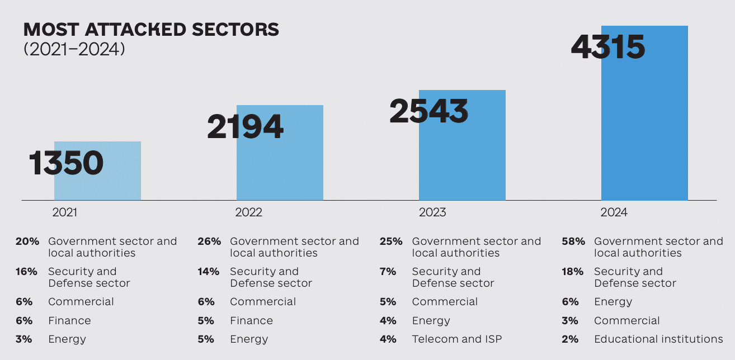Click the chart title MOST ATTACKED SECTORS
click(151, 29)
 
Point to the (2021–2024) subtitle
click(74, 49)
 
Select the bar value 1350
click(67, 163)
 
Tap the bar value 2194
click(246, 127)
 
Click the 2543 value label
click(428, 111)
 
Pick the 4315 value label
click(608, 46)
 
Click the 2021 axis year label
click(65, 212)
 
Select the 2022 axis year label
click(248, 212)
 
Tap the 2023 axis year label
click(432, 212)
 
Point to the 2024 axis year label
click(614, 212)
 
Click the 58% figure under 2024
click(573, 241)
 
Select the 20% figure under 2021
click(27, 241)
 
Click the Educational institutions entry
click(658, 339)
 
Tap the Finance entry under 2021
click(69, 321)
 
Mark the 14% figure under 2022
click(209, 272)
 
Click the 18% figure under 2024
click(573, 272)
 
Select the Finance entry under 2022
click(252, 321)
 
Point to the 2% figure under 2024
click(571, 339)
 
